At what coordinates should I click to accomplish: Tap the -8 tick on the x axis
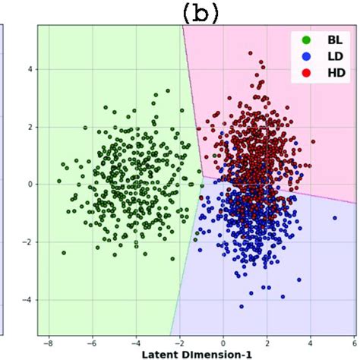(49, 343)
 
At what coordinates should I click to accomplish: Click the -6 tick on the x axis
(92, 343)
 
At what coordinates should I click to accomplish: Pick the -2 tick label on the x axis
(179, 343)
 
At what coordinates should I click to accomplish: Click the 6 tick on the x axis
(353, 343)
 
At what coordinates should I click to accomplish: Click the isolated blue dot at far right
(334, 218)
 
